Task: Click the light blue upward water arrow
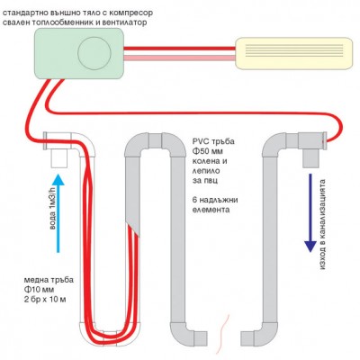point(58,213)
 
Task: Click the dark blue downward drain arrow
point(310,212)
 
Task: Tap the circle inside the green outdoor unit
point(94,53)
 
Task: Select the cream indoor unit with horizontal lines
point(293,53)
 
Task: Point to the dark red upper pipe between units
point(179,49)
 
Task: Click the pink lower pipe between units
point(179,58)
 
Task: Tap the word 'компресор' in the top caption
point(130,13)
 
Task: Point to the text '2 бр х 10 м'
point(45,300)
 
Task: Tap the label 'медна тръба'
point(49,280)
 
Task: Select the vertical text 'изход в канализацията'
point(322,224)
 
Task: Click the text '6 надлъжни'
point(215,200)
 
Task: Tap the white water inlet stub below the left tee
point(58,158)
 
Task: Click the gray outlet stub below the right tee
point(310,158)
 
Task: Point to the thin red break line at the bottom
point(223,334)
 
